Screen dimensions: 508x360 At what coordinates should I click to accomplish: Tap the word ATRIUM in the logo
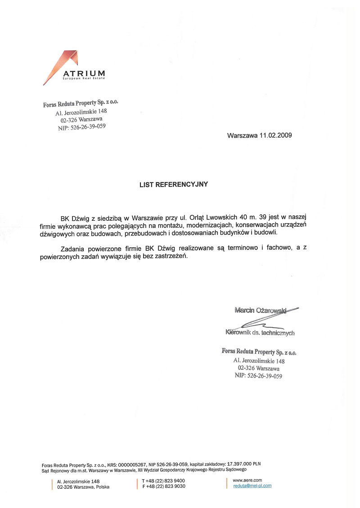tap(84, 73)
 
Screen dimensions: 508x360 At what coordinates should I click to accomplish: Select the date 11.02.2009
tap(275, 135)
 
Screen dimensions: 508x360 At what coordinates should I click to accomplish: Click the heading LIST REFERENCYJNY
tap(174, 184)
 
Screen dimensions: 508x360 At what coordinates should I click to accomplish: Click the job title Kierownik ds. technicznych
tap(260, 333)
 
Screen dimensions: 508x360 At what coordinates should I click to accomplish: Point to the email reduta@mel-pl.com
tap(252, 486)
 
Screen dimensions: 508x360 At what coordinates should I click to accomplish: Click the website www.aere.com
tap(247, 480)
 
